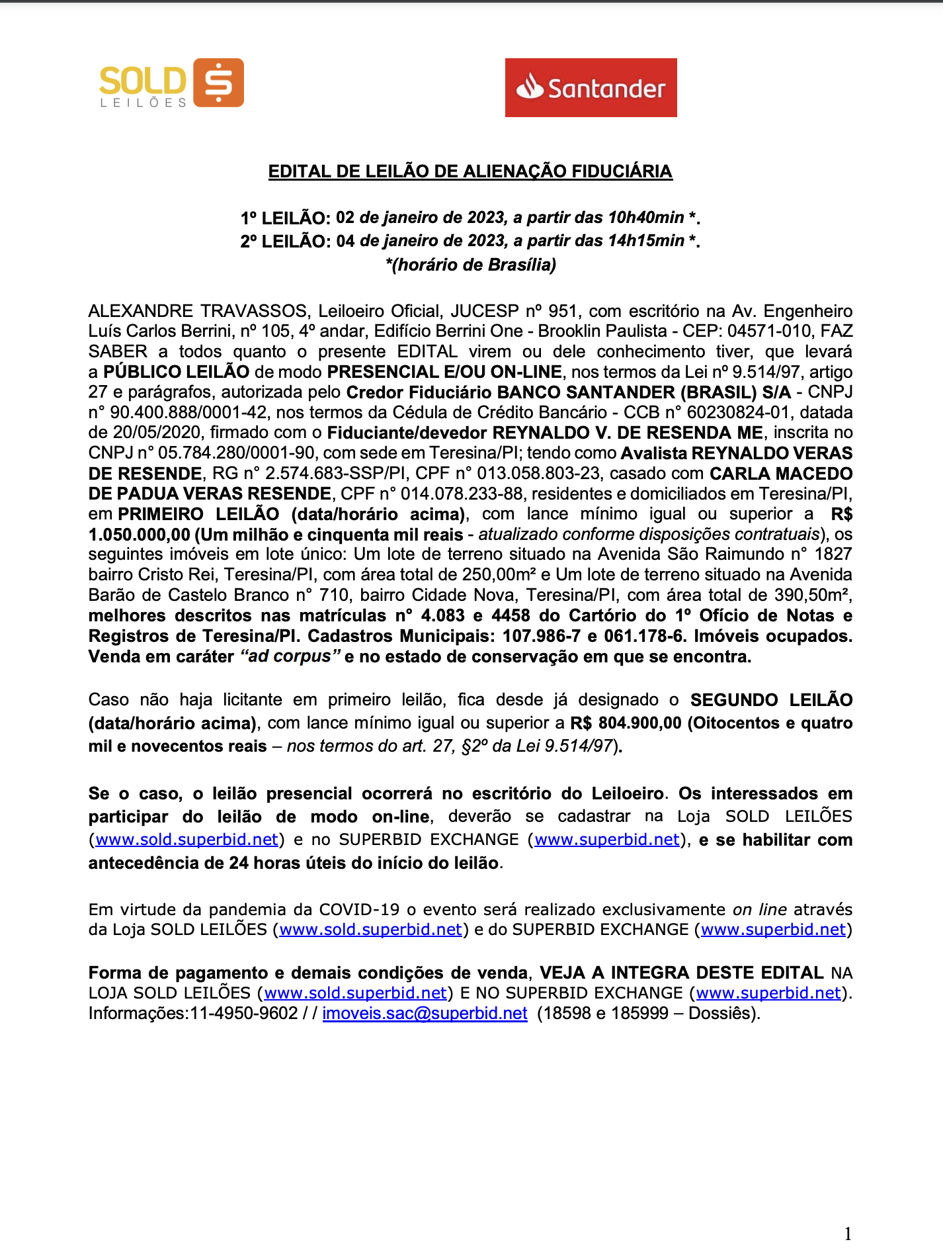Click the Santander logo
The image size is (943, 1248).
point(591,87)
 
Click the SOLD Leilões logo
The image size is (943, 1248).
point(171,83)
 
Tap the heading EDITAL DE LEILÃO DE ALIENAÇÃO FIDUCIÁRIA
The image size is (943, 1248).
point(470,171)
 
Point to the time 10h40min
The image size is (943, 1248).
point(645,218)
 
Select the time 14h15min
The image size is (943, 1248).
point(645,241)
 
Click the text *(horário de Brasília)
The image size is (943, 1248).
point(470,265)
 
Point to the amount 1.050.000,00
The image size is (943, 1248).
point(139,535)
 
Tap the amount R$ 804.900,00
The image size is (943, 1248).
point(626,723)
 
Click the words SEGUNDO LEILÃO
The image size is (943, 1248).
point(771,700)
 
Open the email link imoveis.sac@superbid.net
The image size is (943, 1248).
point(425,1013)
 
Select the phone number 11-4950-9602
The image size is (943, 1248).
point(244,1013)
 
